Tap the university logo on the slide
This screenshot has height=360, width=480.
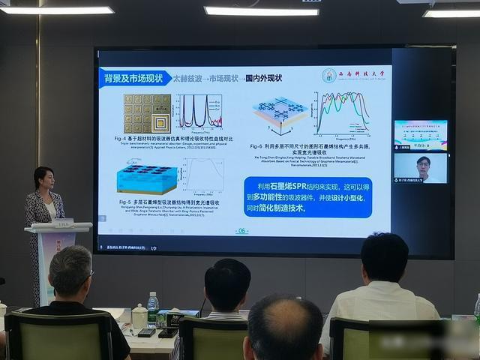point(330,76)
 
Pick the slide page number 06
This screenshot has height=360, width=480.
point(241,231)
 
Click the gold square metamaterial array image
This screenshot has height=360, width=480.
point(148,112)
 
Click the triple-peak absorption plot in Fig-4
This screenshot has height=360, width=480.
point(199,111)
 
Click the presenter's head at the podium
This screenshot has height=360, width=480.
point(43,178)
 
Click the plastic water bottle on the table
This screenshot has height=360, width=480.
point(153,308)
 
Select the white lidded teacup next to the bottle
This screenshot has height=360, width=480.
point(139,317)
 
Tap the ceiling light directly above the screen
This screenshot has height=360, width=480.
point(261,11)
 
